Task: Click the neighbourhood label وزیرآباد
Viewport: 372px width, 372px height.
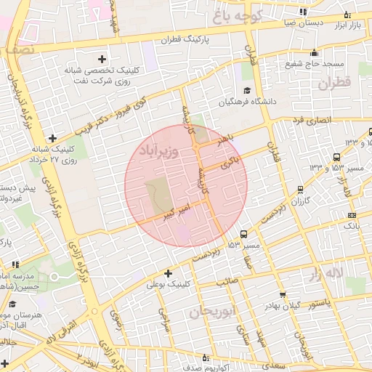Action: coord(157,152)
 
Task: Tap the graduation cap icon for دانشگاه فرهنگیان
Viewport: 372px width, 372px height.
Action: coord(247,91)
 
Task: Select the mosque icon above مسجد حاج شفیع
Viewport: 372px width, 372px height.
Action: coord(314,52)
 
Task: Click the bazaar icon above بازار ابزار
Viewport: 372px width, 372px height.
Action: coord(347,15)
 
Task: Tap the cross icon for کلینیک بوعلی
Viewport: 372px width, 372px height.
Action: coord(169,274)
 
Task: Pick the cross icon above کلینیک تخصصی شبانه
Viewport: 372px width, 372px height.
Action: coord(102,58)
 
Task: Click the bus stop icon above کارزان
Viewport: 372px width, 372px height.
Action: coord(300,190)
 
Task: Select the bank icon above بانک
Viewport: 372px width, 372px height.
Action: coord(352,215)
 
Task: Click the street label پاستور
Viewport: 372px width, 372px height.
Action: coord(318,301)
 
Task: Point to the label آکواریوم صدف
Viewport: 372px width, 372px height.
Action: coord(182,367)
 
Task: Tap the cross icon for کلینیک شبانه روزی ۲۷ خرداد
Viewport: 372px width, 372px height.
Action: coord(52,138)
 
